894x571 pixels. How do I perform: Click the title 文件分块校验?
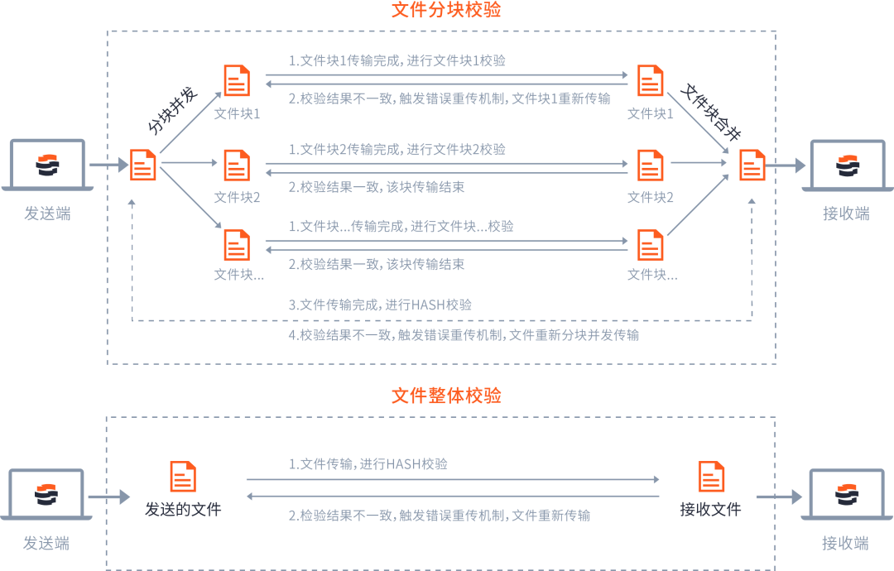tap(446, 11)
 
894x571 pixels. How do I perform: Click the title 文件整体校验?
tap(446, 396)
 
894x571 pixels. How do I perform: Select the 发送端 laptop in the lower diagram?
tap(46, 494)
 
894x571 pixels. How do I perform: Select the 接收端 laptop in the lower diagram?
tap(845, 494)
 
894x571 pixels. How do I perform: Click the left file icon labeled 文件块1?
tap(237, 81)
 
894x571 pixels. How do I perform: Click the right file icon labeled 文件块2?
tap(651, 166)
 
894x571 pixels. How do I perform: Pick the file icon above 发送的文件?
tap(183, 477)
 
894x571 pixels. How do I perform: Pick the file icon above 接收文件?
tap(711, 477)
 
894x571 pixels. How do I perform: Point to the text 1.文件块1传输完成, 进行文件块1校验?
tap(397, 61)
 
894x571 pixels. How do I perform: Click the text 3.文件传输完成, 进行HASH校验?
tap(380, 305)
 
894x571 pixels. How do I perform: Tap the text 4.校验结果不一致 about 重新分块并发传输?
tap(464, 335)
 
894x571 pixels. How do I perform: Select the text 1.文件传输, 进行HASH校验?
tap(368, 464)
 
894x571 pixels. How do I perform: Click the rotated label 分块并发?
tap(172, 110)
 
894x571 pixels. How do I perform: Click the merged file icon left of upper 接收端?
tap(752, 165)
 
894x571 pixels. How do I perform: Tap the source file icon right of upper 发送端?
tap(143, 165)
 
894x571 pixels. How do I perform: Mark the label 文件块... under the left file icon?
tap(239, 275)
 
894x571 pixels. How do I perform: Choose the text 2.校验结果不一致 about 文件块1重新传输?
tap(449, 98)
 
